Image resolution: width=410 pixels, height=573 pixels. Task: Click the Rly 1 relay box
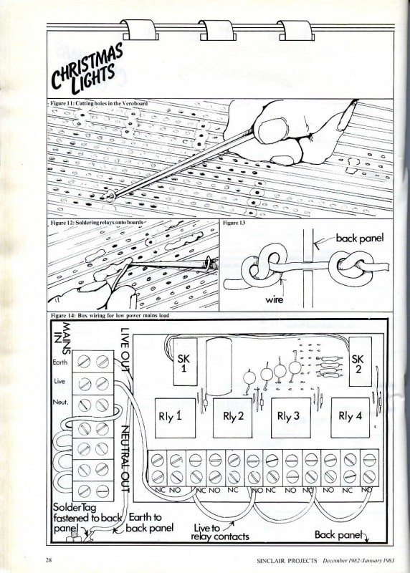point(175,418)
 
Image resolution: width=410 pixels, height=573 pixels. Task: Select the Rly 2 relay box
point(233,418)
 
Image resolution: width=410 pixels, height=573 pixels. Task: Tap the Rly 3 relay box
point(291,418)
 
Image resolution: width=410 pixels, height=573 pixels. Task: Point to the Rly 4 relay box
point(350,418)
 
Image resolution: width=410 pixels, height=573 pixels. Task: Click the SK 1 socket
point(185,362)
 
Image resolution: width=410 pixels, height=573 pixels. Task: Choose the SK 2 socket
point(360,362)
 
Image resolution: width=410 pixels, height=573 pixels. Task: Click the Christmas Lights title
point(87,70)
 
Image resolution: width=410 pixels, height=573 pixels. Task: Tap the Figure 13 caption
point(234,223)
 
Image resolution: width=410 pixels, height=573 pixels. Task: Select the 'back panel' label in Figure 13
point(360,239)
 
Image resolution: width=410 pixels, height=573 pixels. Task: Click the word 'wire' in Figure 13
point(275,299)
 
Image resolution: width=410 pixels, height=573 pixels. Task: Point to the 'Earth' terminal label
point(60,362)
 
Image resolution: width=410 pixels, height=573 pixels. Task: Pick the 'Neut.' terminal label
point(60,403)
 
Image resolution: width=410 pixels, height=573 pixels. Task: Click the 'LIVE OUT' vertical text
point(125,350)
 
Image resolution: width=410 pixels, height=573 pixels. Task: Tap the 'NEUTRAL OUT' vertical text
point(125,459)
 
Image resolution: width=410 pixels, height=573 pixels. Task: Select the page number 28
point(49,560)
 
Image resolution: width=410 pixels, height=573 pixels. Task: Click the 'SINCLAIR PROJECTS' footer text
point(287,560)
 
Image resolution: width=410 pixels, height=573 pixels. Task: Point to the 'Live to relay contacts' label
point(220,531)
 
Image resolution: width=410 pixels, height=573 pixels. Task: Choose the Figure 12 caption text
point(97,223)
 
